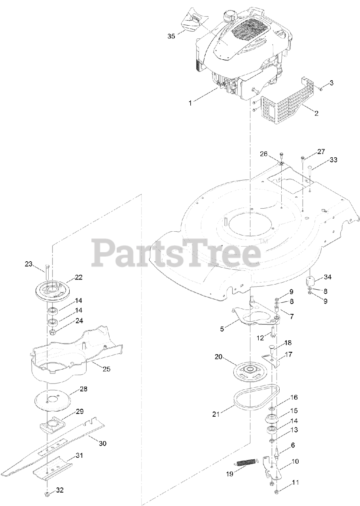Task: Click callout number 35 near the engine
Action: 171,36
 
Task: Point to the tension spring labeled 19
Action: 246,462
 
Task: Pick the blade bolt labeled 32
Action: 47,495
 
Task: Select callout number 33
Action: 333,160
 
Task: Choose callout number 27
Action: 320,152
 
